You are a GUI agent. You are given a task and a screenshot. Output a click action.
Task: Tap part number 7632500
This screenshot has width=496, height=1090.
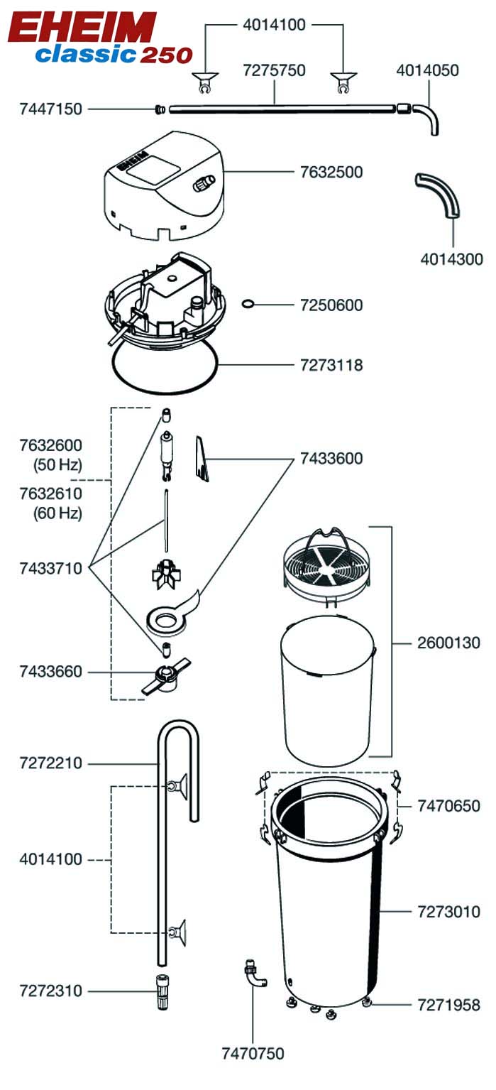click(331, 172)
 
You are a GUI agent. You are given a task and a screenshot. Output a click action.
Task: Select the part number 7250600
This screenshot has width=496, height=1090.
click(331, 305)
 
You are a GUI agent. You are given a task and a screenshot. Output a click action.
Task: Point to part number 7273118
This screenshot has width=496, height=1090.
click(331, 366)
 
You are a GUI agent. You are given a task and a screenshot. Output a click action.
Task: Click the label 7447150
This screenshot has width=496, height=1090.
click(51, 109)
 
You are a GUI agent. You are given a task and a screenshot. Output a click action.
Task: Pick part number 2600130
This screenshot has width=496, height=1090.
click(449, 643)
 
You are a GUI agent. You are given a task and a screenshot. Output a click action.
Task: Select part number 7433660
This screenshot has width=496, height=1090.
click(51, 672)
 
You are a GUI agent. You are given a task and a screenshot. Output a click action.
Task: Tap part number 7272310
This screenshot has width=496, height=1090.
click(51, 991)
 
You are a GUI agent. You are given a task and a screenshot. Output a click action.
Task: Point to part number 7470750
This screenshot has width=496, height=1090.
click(253, 1053)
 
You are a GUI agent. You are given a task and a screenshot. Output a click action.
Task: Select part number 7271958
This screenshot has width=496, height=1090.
click(449, 1005)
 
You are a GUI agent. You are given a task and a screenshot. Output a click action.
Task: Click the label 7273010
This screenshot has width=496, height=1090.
click(449, 912)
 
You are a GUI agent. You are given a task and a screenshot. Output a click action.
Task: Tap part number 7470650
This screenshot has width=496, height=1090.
click(449, 806)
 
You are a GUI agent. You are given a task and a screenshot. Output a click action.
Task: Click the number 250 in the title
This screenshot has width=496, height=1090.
click(166, 55)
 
